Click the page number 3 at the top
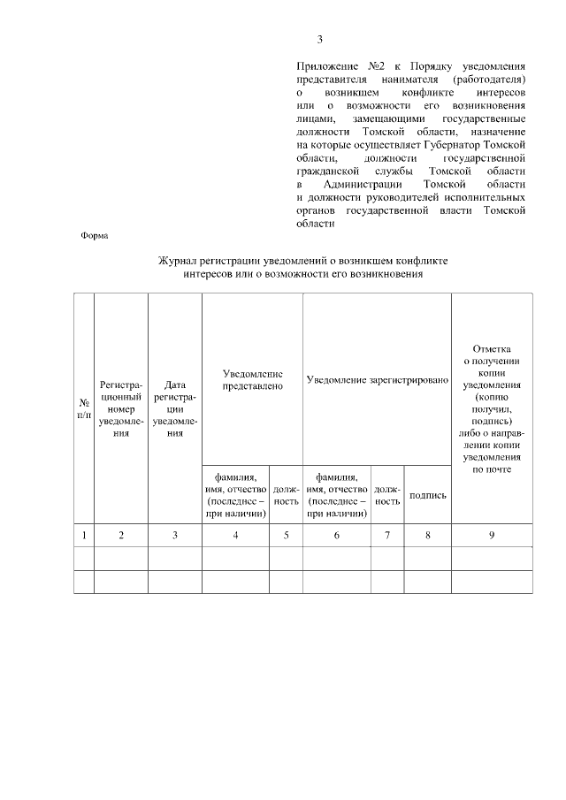320,39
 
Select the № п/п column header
84,408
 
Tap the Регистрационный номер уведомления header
121,408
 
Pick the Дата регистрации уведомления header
175,408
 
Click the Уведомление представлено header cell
253,379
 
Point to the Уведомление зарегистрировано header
377,379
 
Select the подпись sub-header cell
428,495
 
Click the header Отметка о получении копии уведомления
492,408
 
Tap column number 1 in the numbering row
84,535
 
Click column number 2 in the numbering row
121,535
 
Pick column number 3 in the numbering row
175,535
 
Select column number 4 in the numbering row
236,535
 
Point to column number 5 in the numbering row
287,535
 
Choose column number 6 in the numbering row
337,535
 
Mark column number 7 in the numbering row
387,535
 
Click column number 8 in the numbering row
428,535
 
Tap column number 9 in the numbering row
492,535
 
